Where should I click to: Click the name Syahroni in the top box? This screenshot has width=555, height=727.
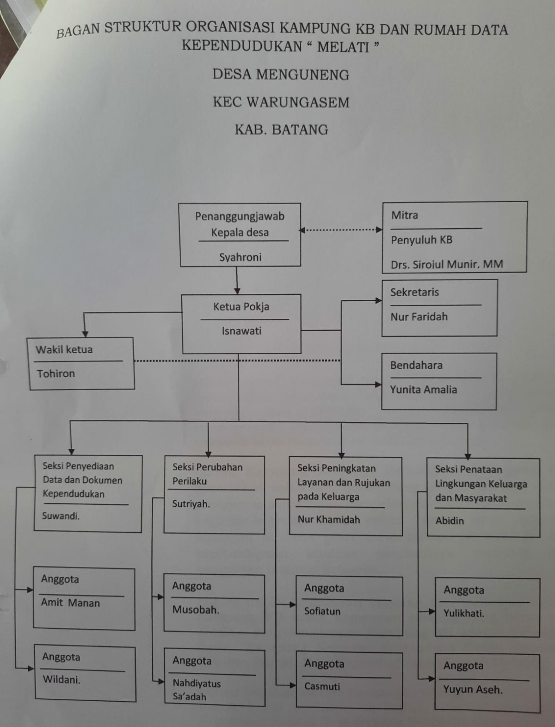pyautogui.click(x=240, y=257)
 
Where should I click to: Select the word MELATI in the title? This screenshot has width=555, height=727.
pyautogui.click(x=343, y=47)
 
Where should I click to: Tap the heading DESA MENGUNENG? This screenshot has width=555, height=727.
pyautogui.click(x=281, y=75)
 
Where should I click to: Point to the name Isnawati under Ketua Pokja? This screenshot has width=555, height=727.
pyautogui.click(x=241, y=331)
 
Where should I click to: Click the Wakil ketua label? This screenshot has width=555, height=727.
pyautogui.click(x=64, y=349)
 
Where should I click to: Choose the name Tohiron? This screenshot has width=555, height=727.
pyautogui.click(x=56, y=373)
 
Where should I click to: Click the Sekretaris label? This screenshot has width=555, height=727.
pyautogui.click(x=414, y=292)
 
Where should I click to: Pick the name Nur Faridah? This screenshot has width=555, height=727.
pyautogui.click(x=419, y=317)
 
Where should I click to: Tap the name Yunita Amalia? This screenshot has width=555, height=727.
pyautogui.click(x=423, y=390)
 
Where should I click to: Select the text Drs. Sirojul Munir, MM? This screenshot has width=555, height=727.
pyautogui.click(x=447, y=264)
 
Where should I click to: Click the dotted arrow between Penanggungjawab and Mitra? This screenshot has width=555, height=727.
pyautogui.click(x=341, y=230)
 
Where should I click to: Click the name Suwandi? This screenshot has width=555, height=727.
pyautogui.click(x=61, y=516)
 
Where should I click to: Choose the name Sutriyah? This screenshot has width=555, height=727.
pyautogui.click(x=191, y=504)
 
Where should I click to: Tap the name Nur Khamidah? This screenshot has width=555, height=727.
pyautogui.click(x=329, y=519)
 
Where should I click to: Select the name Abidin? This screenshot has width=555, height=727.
pyautogui.click(x=450, y=521)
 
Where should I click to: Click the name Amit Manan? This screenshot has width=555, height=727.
pyautogui.click(x=70, y=603)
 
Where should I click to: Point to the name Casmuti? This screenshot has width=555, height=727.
pyautogui.click(x=322, y=686)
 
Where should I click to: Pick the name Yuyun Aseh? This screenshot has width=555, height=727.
pyautogui.click(x=473, y=690)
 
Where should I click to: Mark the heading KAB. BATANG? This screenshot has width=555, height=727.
pyautogui.click(x=281, y=130)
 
